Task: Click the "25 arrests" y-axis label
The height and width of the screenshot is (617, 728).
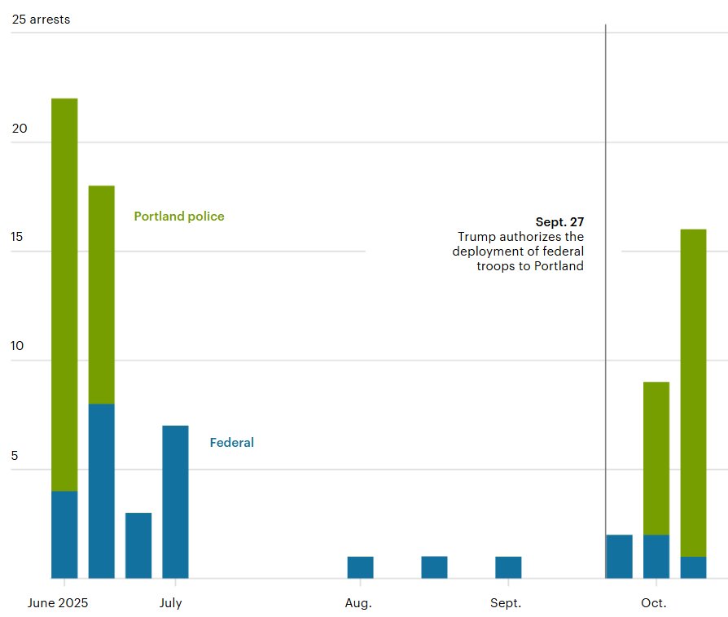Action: [41, 20]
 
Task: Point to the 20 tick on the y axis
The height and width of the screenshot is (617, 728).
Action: [20, 129]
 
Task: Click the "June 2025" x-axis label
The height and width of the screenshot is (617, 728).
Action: [58, 603]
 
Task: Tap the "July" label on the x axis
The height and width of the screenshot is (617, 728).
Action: [171, 603]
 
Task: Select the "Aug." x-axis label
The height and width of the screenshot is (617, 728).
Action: [359, 603]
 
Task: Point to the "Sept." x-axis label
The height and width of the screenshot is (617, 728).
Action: [507, 603]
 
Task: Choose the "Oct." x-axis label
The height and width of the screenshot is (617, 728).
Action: [654, 603]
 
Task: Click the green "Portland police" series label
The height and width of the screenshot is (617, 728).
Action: [179, 217]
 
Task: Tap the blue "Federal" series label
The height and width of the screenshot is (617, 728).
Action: [232, 443]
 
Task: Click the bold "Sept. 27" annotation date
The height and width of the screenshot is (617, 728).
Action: [559, 221]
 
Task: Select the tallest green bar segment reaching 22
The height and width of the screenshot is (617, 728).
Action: [64, 293]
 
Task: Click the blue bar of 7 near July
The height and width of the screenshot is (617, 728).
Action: [175, 501]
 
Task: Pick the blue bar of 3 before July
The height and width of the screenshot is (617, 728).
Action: [138, 545]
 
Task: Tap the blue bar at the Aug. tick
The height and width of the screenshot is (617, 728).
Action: [360, 567]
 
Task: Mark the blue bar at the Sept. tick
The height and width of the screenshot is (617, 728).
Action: [508, 567]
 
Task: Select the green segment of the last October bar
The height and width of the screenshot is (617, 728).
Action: [693, 391]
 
